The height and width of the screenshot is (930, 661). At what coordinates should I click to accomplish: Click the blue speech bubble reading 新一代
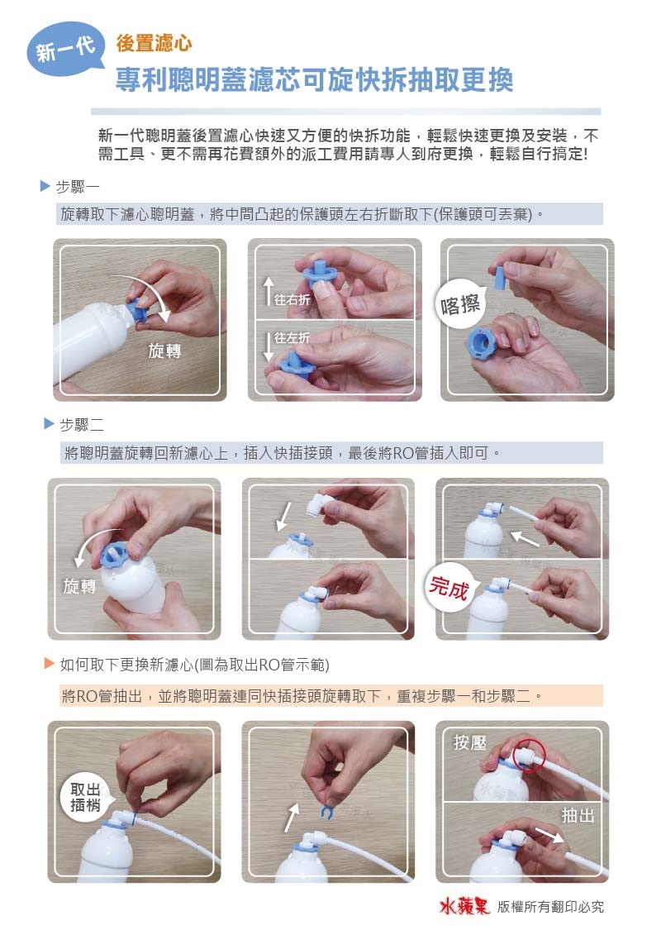click(65, 50)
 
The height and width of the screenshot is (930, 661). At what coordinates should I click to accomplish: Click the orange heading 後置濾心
click(154, 43)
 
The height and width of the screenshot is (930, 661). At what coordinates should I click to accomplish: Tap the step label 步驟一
click(77, 187)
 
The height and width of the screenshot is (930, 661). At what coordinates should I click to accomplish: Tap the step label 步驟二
click(82, 424)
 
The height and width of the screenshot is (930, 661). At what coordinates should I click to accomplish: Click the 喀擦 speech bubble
click(460, 305)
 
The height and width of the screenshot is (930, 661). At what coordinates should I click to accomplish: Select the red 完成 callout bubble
click(449, 588)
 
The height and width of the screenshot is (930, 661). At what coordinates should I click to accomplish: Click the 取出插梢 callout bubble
click(85, 797)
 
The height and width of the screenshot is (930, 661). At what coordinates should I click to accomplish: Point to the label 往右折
click(292, 300)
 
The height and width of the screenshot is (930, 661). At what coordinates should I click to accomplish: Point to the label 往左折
click(292, 338)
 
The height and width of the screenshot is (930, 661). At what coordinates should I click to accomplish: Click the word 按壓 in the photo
click(469, 742)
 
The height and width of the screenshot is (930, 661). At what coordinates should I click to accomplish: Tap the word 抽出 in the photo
click(578, 816)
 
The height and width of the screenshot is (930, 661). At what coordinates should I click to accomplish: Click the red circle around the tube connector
click(528, 755)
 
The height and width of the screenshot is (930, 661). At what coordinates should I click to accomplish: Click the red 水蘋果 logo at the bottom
click(464, 906)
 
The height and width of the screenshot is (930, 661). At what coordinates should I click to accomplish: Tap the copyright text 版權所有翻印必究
click(551, 907)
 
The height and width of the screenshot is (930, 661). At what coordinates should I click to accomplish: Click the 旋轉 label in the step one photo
click(164, 351)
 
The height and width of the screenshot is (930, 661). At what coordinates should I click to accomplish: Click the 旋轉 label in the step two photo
click(79, 587)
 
